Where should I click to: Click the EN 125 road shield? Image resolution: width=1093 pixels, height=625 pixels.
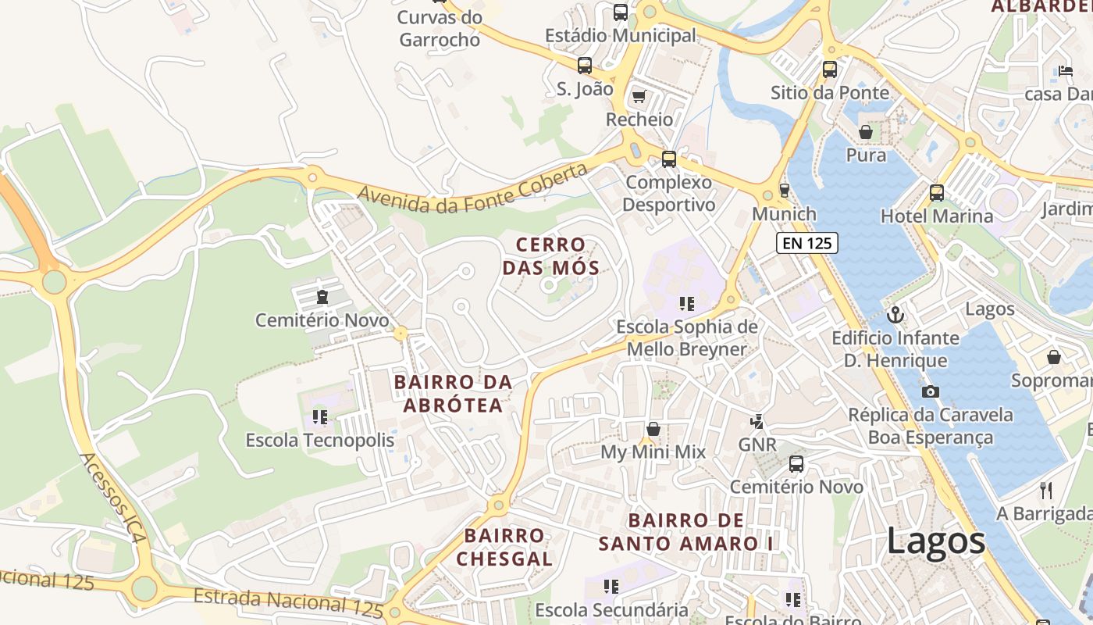click(x=807, y=243)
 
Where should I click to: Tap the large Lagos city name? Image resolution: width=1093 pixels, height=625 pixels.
click(x=936, y=541)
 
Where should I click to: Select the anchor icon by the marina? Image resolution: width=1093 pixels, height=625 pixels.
click(x=896, y=315)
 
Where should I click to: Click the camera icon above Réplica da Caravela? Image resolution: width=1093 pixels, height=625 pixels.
click(x=931, y=391)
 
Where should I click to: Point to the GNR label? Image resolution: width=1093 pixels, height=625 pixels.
click(x=757, y=445)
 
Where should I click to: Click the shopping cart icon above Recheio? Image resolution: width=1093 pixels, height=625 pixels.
click(x=639, y=96)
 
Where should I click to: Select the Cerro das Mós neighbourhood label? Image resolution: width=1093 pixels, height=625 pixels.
click(x=550, y=256)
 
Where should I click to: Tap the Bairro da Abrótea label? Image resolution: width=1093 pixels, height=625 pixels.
click(x=454, y=393)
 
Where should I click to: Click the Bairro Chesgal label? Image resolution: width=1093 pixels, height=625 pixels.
click(x=504, y=547)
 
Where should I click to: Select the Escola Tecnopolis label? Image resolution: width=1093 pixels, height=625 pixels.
click(x=320, y=440)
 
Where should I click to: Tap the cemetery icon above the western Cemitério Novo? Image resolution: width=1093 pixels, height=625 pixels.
click(x=322, y=297)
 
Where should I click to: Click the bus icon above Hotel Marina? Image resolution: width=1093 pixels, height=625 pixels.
click(x=937, y=192)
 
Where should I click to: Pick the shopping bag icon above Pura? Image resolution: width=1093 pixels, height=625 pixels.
click(x=866, y=132)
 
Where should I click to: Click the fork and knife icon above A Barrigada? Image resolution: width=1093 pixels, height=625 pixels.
click(x=1046, y=490)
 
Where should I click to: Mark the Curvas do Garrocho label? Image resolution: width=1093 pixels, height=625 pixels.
click(x=440, y=28)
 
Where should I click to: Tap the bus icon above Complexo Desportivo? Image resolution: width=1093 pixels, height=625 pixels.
click(x=669, y=159)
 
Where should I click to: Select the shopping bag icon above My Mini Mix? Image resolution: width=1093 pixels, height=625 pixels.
click(x=653, y=429)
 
